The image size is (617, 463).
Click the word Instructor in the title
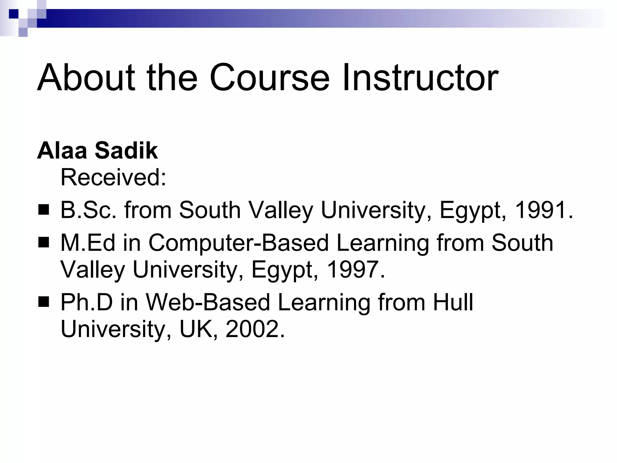[x=420, y=77]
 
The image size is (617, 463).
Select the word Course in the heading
[x=269, y=77]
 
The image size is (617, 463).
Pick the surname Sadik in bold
[x=126, y=150]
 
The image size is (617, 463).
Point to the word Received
[x=113, y=178]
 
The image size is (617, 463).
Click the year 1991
[x=540, y=210]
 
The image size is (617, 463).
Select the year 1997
[x=352, y=269]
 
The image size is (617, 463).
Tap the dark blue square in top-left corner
[x=14, y=14]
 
